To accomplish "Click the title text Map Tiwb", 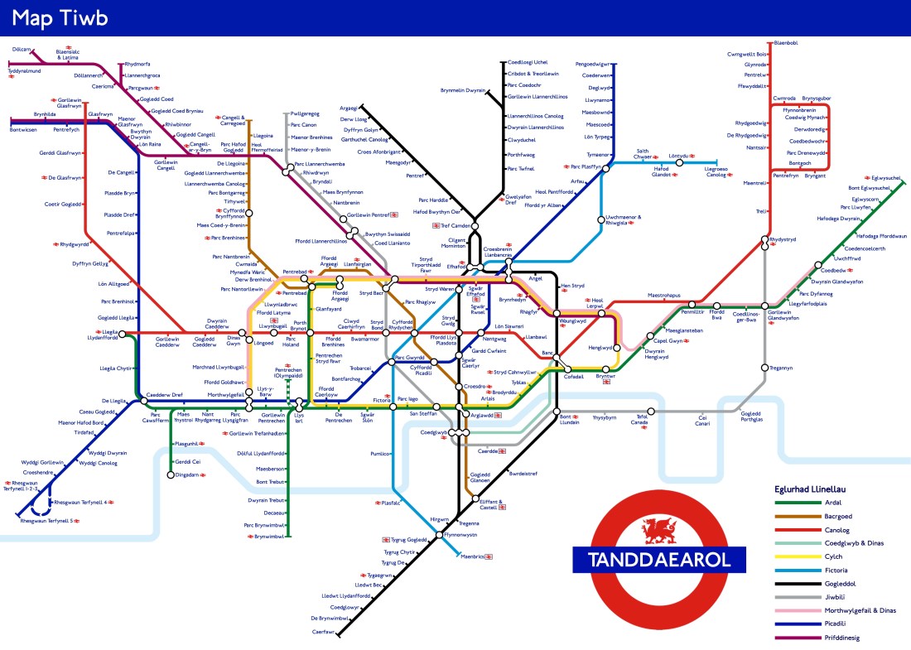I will [x=60, y=17].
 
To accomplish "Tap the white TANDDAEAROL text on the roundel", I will [x=659, y=559].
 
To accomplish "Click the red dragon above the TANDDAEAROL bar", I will [x=659, y=527].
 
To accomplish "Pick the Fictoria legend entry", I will [x=837, y=570].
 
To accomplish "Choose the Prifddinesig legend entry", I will [x=842, y=638].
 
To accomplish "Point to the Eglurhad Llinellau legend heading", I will [x=815, y=489].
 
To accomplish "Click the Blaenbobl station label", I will [x=784, y=42].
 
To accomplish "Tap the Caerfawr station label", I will [x=323, y=632].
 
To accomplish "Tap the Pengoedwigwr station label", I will [x=592, y=64].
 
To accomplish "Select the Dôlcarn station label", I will [x=22, y=49].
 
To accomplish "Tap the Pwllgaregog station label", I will [x=305, y=113].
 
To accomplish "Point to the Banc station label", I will [x=547, y=354].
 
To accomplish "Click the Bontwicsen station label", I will [x=23, y=129].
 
